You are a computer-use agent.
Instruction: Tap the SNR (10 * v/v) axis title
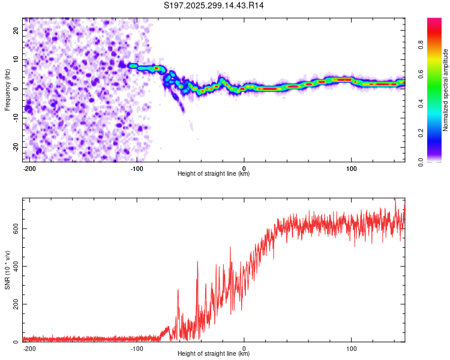click(x=7, y=271)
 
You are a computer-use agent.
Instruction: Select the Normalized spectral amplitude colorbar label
click(x=446, y=89)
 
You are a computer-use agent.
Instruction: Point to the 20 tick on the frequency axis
click(x=16, y=30)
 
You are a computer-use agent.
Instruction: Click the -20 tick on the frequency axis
click(x=15, y=147)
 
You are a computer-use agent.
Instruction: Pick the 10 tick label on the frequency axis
click(x=16, y=59)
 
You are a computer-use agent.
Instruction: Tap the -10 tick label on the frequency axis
click(x=15, y=118)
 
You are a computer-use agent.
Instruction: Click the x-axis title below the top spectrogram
click(x=214, y=174)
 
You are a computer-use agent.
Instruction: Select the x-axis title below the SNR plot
click(x=214, y=354)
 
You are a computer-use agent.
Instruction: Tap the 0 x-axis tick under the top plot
click(x=244, y=168)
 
